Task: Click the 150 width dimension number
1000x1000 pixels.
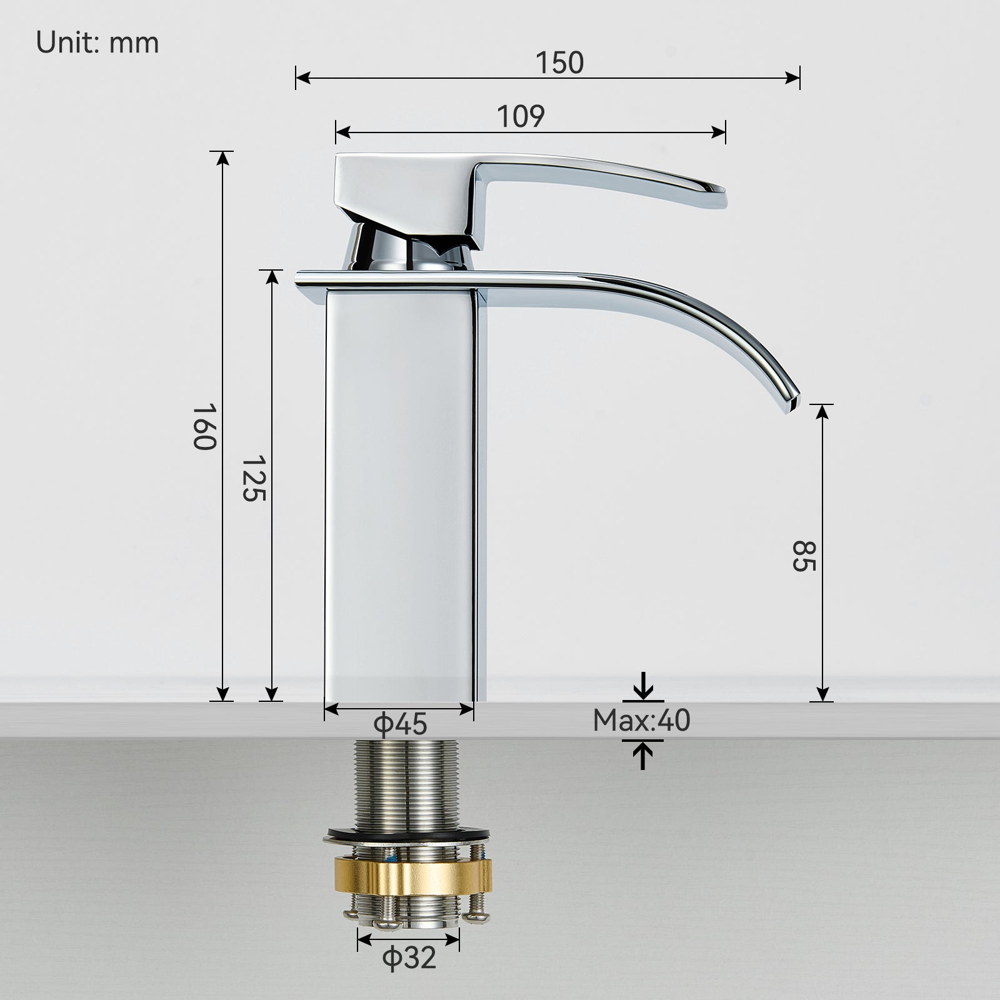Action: click(x=559, y=62)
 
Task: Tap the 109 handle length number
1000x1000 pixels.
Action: click(x=521, y=116)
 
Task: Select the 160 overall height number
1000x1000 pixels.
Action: click(x=204, y=426)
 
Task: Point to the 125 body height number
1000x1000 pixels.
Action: click(x=254, y=478)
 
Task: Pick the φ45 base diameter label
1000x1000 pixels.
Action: click(x=400, y=724)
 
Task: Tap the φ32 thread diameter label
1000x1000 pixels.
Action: click(x=409, y=958)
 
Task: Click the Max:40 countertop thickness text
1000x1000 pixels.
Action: click(x=641, y=721)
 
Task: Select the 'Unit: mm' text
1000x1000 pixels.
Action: click(x=97, y=43)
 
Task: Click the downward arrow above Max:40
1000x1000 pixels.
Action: click(x=643, y=688)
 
